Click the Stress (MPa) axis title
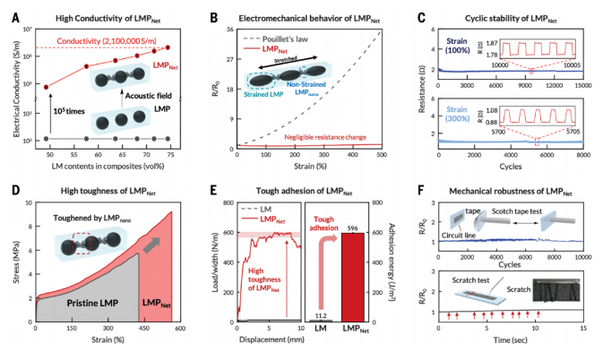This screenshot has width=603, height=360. (13, 264)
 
